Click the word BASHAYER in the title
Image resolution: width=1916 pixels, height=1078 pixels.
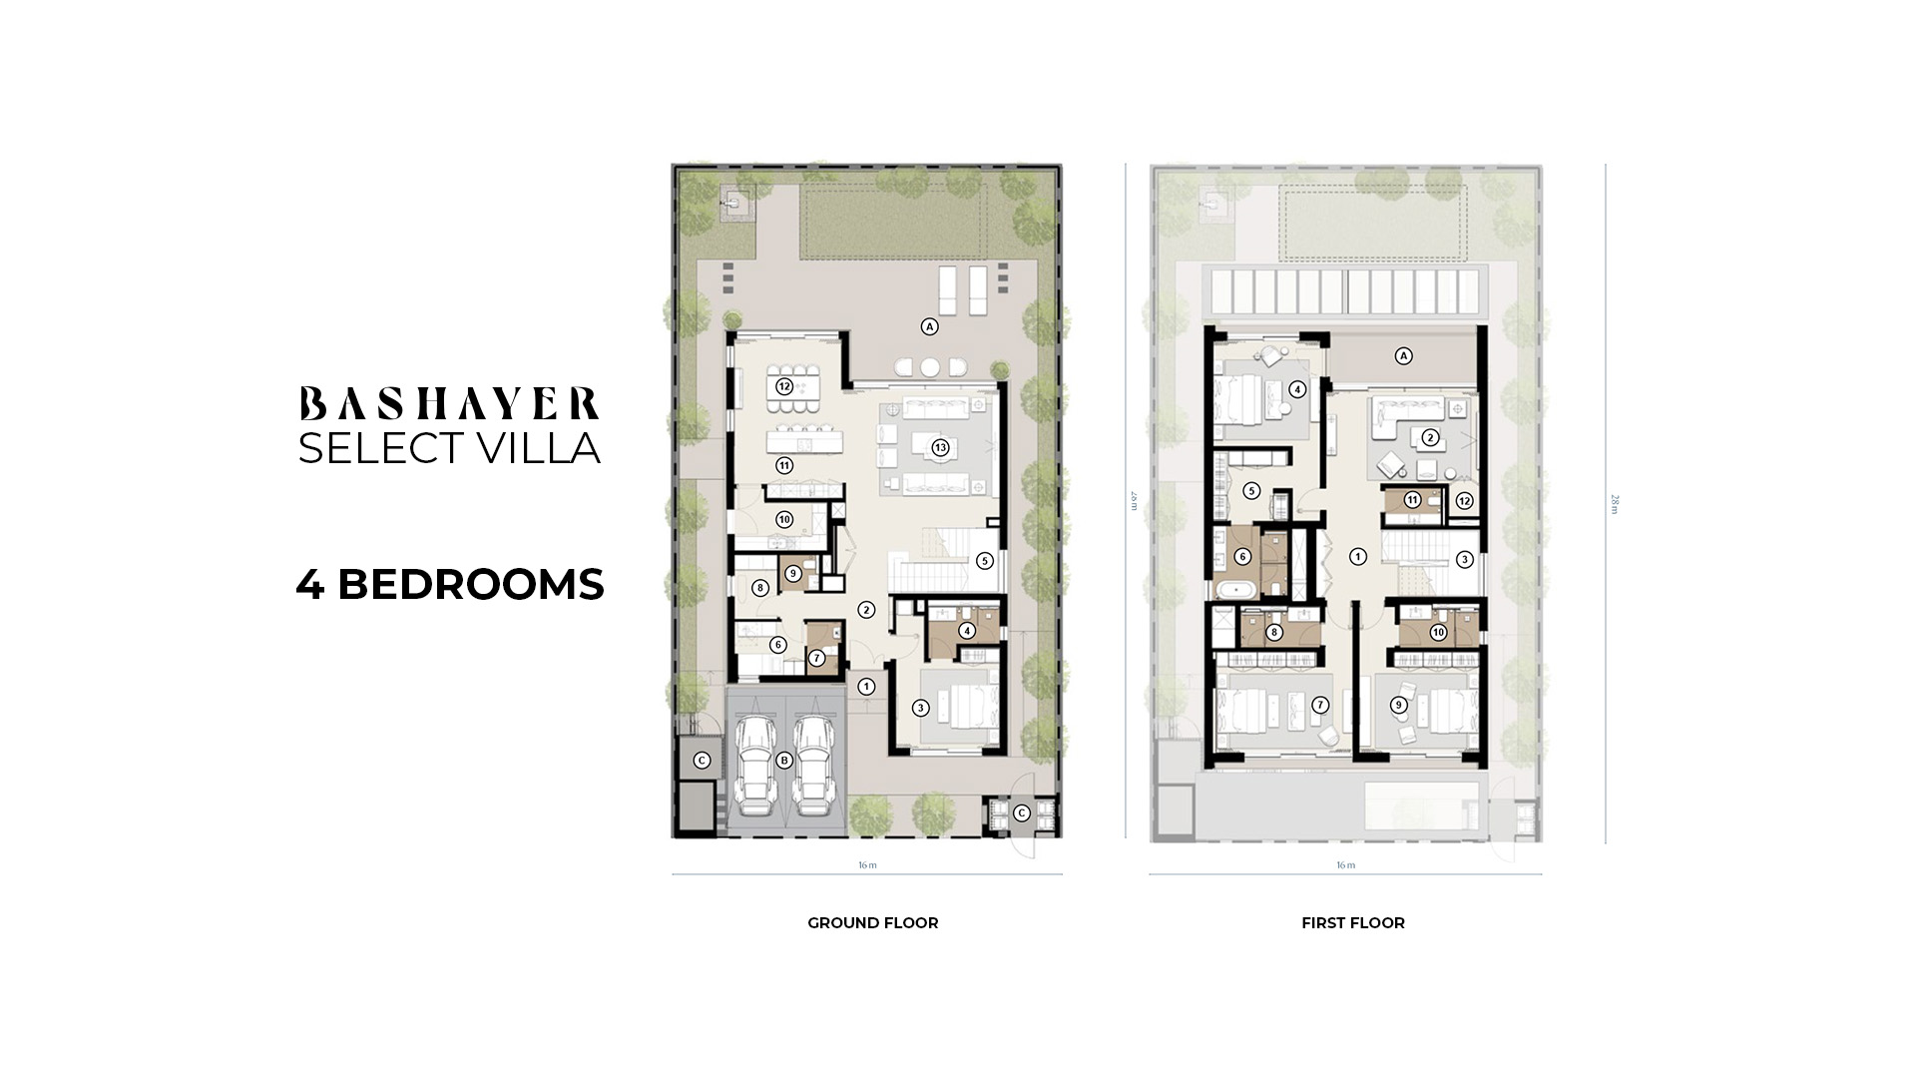point(449,404)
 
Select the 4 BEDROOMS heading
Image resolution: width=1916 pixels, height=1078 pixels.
point(450,585)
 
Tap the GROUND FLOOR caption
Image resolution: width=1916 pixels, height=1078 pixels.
point(872,923)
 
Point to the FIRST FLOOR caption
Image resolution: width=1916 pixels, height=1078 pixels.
point(1352,923)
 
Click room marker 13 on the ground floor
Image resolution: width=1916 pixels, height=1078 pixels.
point(939,447)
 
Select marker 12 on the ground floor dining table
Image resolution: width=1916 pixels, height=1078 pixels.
point(784,386)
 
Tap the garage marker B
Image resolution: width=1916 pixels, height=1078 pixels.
point(784,761)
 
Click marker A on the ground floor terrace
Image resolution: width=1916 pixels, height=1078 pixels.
point(929,326)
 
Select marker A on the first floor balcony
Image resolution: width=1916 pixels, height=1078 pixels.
point(1403,356)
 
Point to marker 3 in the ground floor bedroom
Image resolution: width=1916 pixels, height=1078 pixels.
point(920,708)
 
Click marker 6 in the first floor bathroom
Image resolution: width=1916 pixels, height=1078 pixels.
point(1242,557)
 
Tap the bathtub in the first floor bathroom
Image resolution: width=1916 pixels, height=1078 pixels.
point(1237,590)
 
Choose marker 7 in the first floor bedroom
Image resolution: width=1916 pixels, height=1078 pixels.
point(1320,705)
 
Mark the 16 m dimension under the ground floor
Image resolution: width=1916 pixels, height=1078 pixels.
point(867,865)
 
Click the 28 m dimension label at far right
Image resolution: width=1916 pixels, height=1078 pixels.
point(1615,504)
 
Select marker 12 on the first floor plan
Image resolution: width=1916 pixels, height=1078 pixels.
point(1464,501)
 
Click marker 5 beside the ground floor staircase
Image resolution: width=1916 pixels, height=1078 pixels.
point(985,561)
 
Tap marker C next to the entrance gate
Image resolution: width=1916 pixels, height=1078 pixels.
point(1021,813)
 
